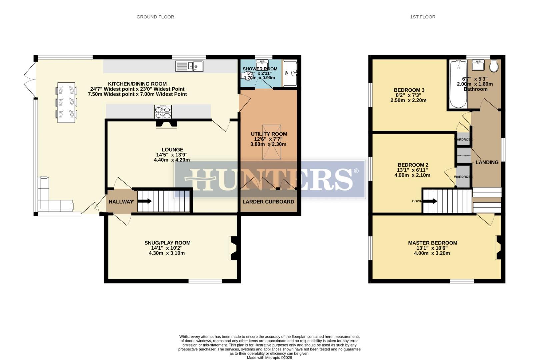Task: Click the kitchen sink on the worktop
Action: coord(189,66)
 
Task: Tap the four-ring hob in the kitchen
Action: coord(163,112)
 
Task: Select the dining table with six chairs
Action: coord(66,102)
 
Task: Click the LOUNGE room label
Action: coord(172,150)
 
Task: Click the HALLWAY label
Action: coord(120,202)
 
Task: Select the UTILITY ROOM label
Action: coord(269,134)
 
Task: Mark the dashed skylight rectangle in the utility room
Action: coord(272,142)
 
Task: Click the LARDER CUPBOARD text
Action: coord(268,202)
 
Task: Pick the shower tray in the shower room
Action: coord(290,73)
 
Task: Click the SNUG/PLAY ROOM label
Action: coord(167,243)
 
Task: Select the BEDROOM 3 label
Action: coord(409,90)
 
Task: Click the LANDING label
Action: coord(487,162)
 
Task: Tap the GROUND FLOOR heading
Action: coord(155,17)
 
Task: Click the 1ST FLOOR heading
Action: coord(422,17)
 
